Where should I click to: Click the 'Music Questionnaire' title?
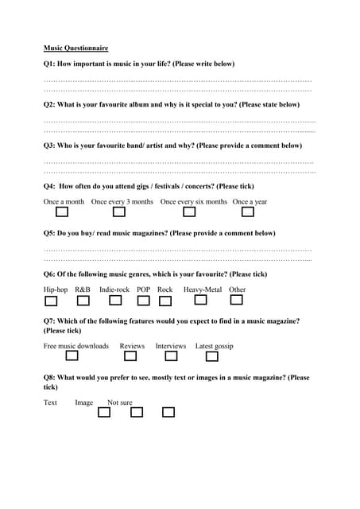tap(75, 49)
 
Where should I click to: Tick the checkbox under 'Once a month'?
tap(62, 212)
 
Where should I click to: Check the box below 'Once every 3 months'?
tap(118, 212)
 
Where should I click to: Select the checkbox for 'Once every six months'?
tap(189, 212)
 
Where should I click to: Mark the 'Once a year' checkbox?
tap(247, 212)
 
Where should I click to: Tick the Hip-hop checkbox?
tap(51, 301)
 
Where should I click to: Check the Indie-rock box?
tap(115, 301)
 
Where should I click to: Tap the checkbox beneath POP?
tap(143, 301)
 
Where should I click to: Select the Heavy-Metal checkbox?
tap(200, 301)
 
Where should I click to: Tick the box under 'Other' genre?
tap(236, 301)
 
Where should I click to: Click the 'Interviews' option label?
tap(170, 346)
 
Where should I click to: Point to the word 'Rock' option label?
tap(165, 289)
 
